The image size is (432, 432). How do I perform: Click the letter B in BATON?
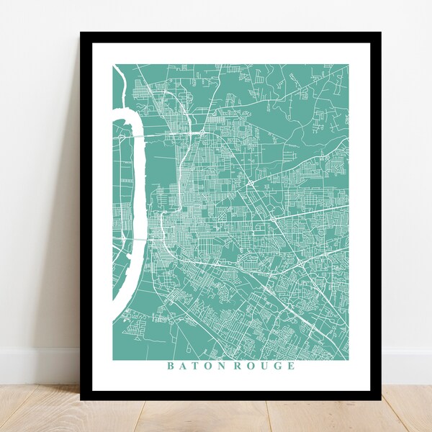[x=171, y=366]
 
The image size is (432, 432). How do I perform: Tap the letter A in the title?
[x=182, y=366]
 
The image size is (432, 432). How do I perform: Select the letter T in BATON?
[x=194, y=366]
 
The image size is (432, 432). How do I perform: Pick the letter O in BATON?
[x=207, y=366]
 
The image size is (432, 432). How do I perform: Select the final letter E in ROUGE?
[x=290, y=366]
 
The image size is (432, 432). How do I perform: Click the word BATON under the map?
[x=195, y=366]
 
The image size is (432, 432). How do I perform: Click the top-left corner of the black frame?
[x=81, y=33]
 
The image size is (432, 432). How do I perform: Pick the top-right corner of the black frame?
[x=381, y=33]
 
